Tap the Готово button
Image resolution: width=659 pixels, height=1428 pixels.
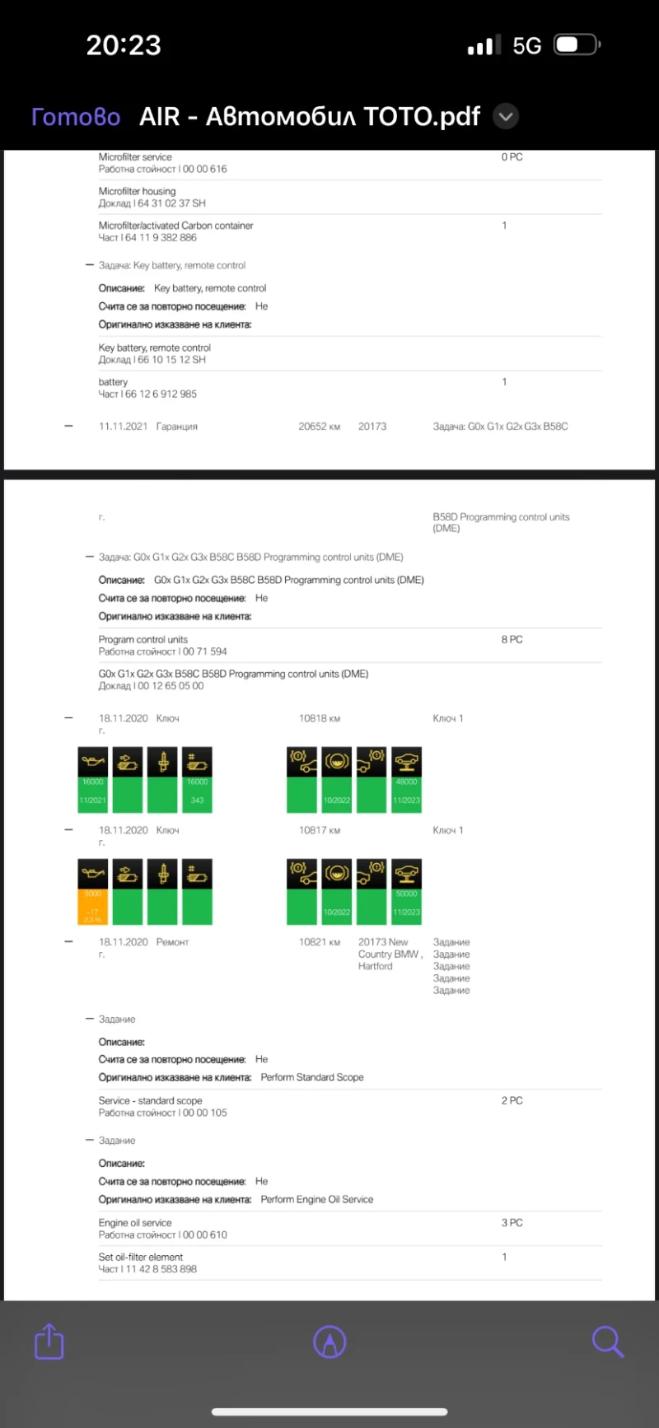(76, 117)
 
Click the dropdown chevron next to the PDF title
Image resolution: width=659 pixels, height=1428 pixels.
(506, 117)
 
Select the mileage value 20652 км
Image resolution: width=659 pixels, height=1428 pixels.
(319, 427)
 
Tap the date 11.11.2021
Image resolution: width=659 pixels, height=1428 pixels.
(123, 427)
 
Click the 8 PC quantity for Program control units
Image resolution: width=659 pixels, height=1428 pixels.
(512, 640)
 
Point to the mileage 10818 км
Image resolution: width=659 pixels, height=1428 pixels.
(319, 719)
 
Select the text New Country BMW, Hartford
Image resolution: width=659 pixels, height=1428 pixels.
(390, 954)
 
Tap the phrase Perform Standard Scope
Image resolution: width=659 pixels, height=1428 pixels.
(311, 1077)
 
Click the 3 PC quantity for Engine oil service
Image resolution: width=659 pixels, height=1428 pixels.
(512, 1223)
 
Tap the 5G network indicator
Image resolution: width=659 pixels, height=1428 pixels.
(526, 46)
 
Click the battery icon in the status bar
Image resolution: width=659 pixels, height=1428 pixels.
(577, 45)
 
